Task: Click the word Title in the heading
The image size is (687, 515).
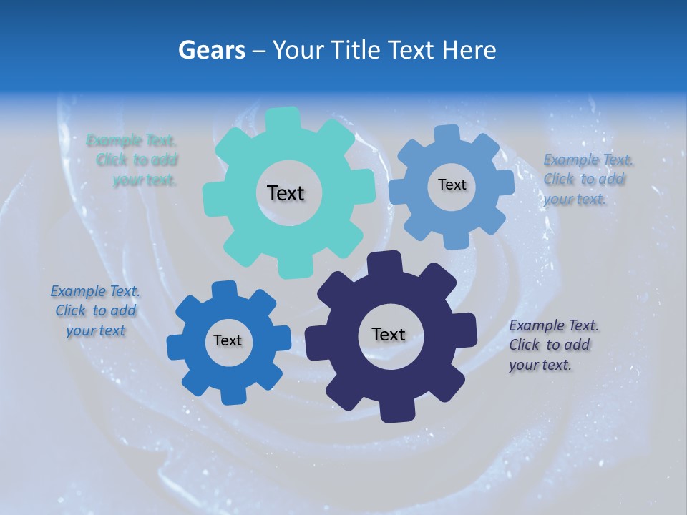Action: click(355, 50)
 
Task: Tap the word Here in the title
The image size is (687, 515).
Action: click(469, 50)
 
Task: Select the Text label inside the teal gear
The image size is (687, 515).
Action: click(286, 193)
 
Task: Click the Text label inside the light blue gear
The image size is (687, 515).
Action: click(452, 185)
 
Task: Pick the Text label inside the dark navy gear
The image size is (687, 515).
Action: click(389, 334)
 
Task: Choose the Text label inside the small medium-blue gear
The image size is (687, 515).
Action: click(228, 340)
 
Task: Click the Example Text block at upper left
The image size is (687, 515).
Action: click(132, 160)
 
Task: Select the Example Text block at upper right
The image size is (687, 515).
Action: click(587, 179)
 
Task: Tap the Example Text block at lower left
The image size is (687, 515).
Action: click(95, 311)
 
